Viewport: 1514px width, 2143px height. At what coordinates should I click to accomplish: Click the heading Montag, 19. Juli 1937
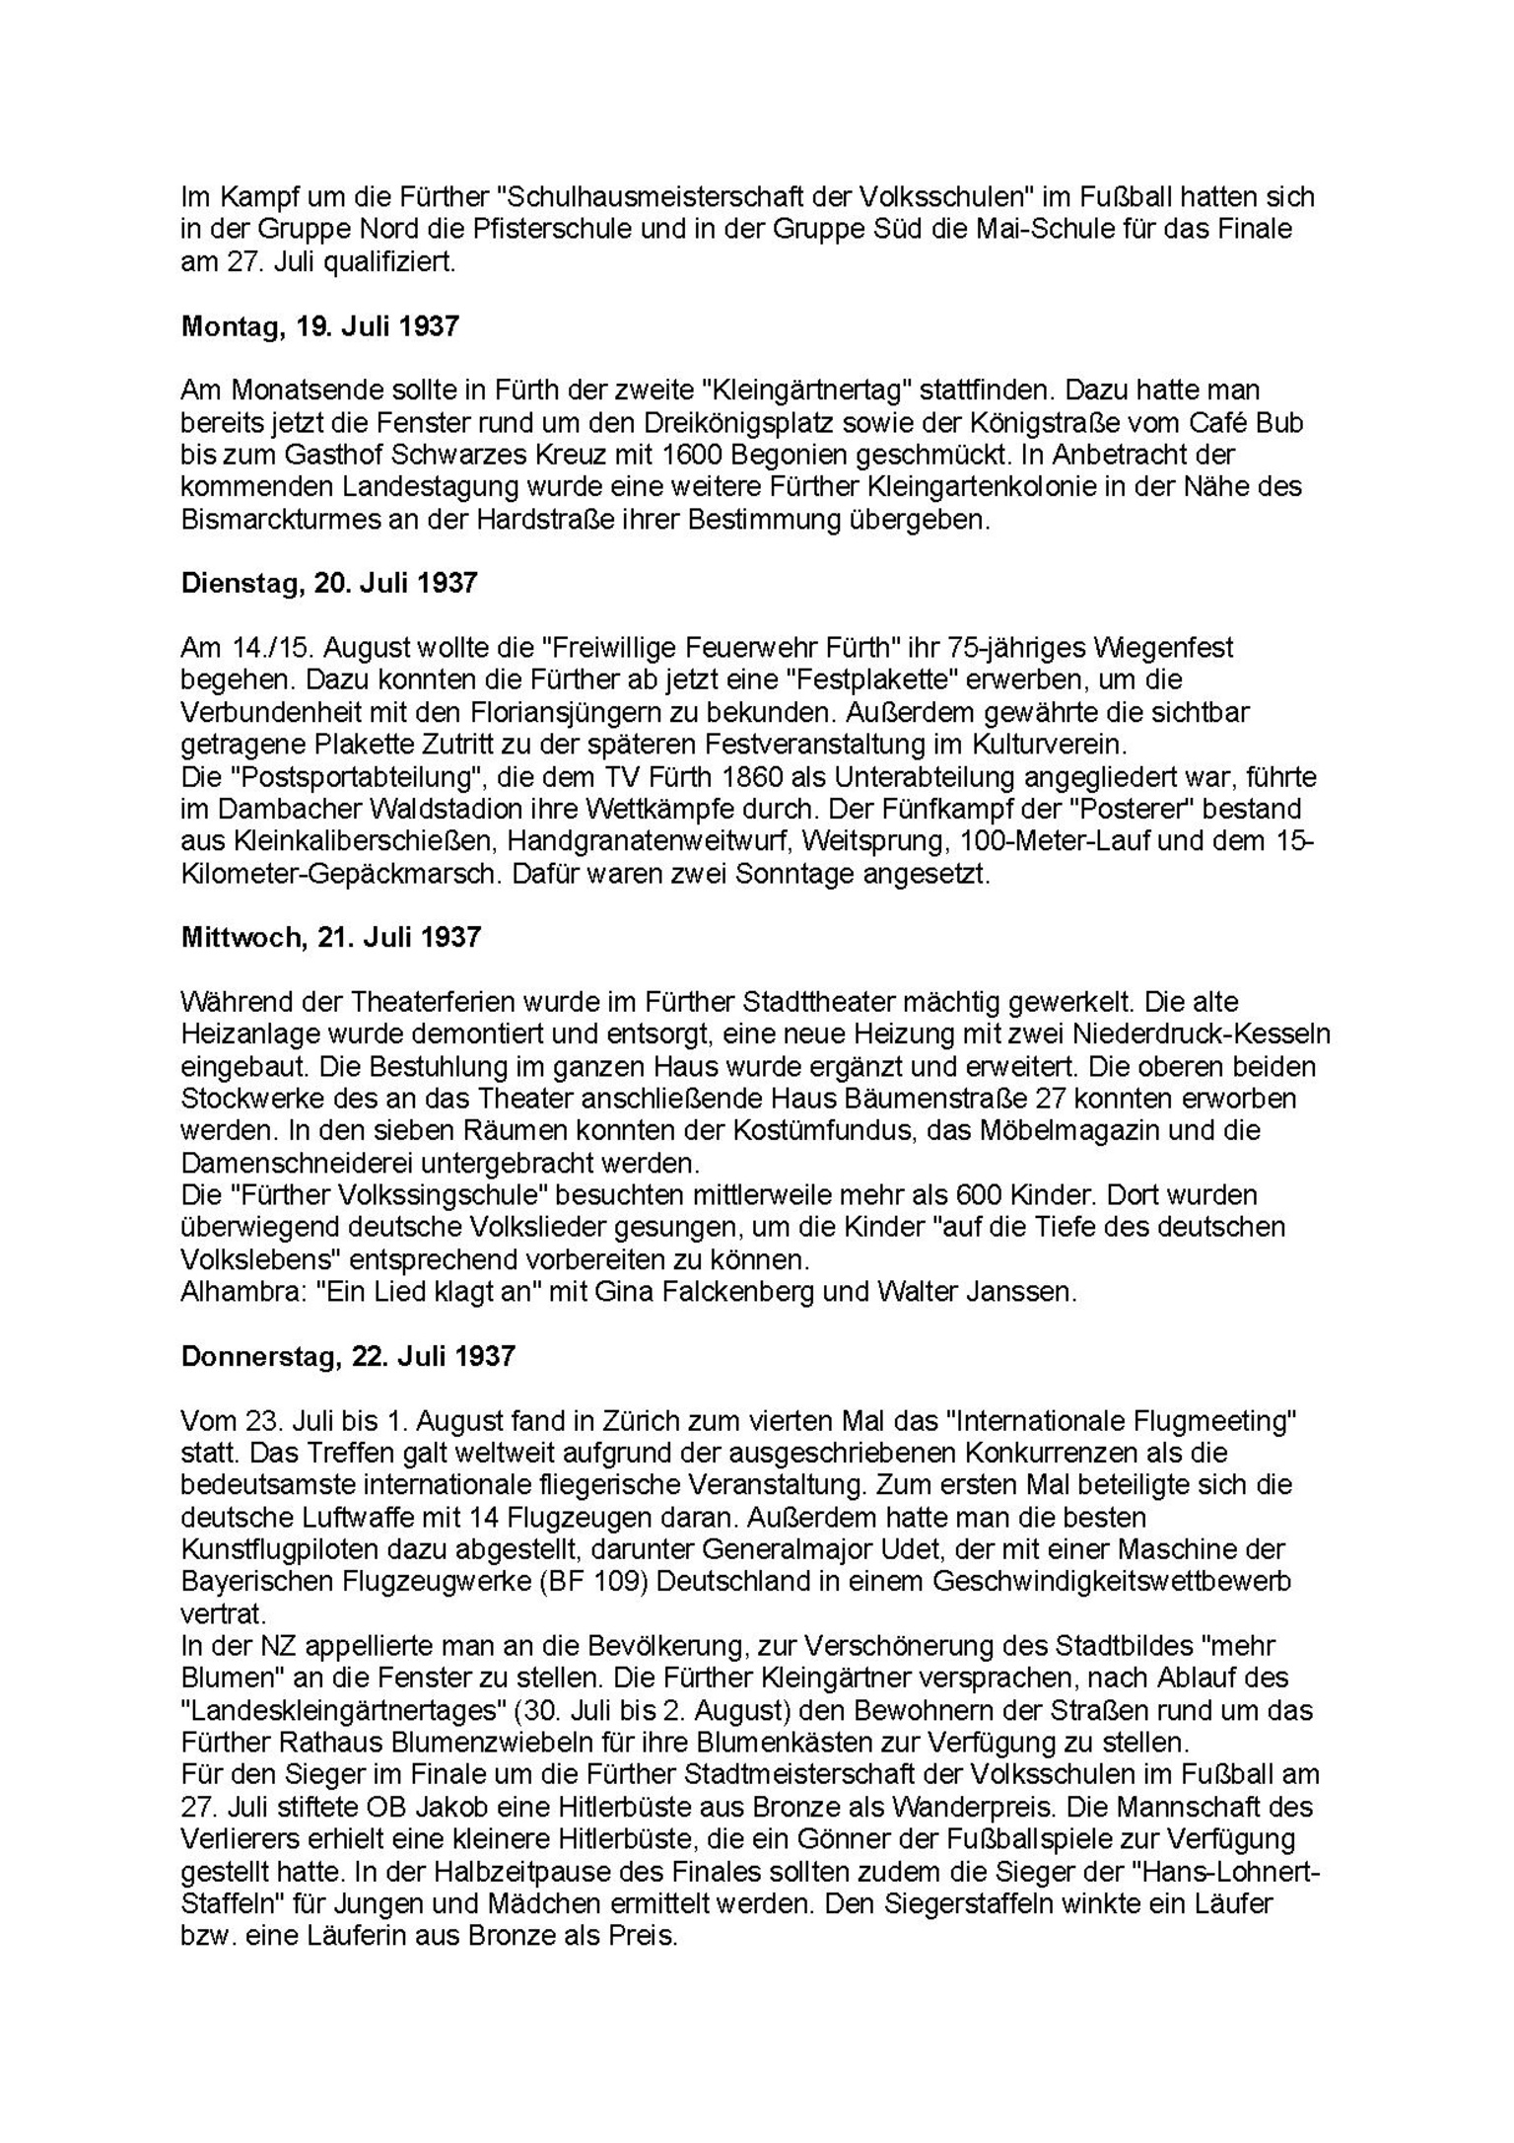click(320, 327)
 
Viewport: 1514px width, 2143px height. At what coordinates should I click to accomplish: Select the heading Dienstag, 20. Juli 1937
click(329, 583)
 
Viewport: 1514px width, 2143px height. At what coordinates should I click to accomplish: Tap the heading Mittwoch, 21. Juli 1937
click(331, 937)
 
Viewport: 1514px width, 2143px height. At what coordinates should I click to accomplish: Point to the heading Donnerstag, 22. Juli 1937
click(348, 1356)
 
